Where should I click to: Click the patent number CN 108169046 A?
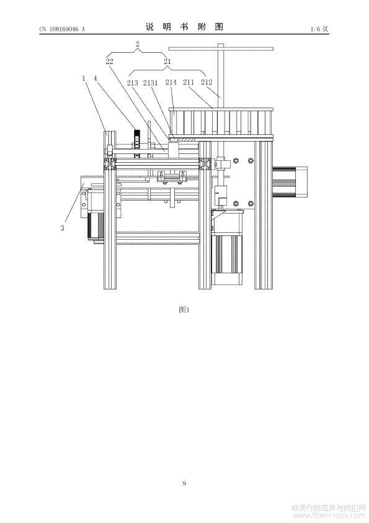click(x=62, y=29)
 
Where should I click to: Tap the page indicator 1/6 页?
click(x=319, y=29)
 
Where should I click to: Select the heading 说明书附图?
click(x=184, y=27)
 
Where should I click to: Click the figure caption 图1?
click(x=184, y=309)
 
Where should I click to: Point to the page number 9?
click(x=184, y=483)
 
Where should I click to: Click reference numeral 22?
click(x=109, y=61)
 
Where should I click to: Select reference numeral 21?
click(x=167, y=61)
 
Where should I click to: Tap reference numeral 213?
click(x=133, y=83)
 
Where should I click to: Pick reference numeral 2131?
click(x=151, y=83)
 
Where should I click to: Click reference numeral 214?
click(x=171, y=82)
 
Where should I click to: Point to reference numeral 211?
click(x=189, y=82)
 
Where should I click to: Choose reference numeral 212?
click(x=207, y=82)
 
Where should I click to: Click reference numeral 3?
click(x=62, y=229)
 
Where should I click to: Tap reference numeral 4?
click(x=96, y=78)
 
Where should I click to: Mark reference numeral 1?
click(x=84, y=78)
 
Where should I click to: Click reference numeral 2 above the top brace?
click(x=138, y=43)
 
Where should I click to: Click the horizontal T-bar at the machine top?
click(x=221, y=48)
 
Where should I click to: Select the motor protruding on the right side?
click(x=290, y=182)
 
